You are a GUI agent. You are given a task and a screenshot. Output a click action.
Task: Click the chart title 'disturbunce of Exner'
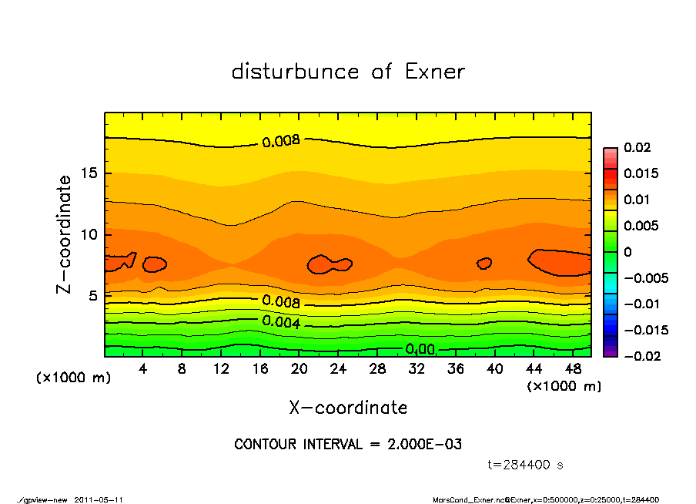point(348,72)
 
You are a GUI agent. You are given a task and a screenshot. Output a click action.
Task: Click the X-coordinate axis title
point(348,408)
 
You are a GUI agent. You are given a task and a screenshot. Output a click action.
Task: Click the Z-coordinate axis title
point(65,234)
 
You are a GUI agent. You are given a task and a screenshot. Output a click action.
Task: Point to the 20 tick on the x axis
point(299,368)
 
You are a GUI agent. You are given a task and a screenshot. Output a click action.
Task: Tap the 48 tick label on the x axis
point(572,368)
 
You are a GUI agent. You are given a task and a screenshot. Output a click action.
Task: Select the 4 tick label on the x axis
point(143,368)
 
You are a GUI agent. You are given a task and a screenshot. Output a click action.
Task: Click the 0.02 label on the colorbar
point(638,147)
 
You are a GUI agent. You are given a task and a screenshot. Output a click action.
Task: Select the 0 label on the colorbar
point(627,252)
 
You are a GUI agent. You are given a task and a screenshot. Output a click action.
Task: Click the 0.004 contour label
point(281,321)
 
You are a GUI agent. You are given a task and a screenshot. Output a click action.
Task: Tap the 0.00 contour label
point(420,350)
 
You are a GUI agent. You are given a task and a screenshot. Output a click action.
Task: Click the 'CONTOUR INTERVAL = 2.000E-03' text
point(348,445)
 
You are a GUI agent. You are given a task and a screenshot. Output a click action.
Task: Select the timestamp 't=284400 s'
point(527,465)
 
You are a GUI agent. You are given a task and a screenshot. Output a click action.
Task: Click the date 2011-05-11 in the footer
point(99,499)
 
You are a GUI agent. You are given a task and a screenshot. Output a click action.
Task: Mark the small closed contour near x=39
point(484,264)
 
